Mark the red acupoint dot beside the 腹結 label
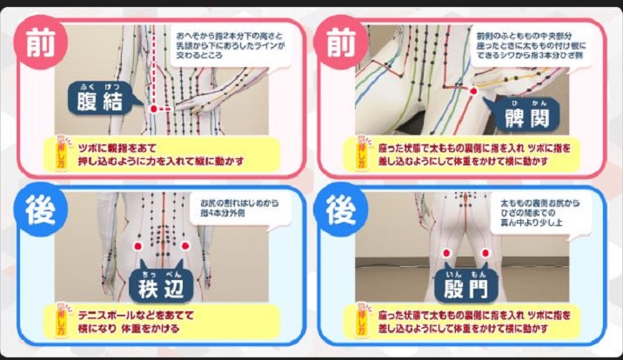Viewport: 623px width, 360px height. point(154,110)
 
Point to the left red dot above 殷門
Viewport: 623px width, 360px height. point(445,253)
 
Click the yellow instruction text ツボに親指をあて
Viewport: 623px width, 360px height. point(157,153)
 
